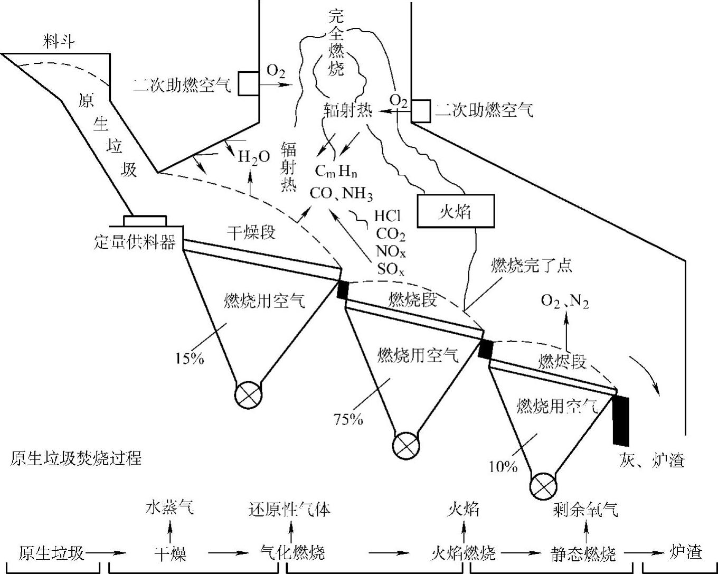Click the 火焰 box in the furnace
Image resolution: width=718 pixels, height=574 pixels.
tap(456, 211)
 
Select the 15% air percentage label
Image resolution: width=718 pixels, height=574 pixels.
tap(189, 359)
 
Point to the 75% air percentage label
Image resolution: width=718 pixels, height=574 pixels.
tap(348, 419)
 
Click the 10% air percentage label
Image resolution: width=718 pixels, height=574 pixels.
tap(503, 466)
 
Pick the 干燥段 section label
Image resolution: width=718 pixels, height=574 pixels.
tap(251, 232)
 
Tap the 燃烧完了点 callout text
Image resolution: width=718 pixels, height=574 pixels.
tap(531, 265)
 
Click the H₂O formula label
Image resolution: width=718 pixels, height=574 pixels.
tap(253, 157)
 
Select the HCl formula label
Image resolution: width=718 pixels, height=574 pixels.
tap(388, 216)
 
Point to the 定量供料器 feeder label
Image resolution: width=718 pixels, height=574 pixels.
tap(135, 243)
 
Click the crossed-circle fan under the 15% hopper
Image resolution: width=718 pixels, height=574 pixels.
tap(248, 395)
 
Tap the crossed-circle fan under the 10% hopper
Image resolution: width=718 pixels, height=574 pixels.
tap(543, 484)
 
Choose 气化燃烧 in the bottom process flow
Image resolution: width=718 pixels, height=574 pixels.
tap(292, 553)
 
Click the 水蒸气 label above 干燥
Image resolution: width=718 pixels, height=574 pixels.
tap(170, 508)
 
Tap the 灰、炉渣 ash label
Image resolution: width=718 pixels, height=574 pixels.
tap(651, 460)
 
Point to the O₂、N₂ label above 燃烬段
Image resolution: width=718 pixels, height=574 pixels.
tap(565, 302)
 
